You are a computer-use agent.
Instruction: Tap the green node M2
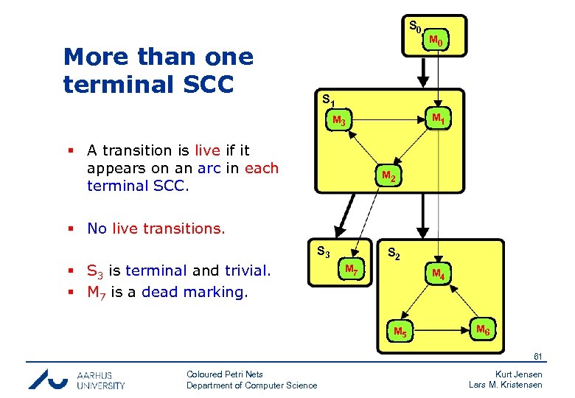388,177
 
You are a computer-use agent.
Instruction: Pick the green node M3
339,120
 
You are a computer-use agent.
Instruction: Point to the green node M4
438,274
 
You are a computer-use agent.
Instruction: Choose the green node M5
400,331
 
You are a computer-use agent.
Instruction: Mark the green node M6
483,329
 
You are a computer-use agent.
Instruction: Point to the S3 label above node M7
323,251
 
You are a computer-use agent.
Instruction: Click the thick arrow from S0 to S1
422,73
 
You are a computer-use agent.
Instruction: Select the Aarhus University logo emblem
49,378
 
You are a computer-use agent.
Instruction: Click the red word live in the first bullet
207,150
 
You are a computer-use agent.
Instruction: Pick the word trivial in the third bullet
247,270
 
